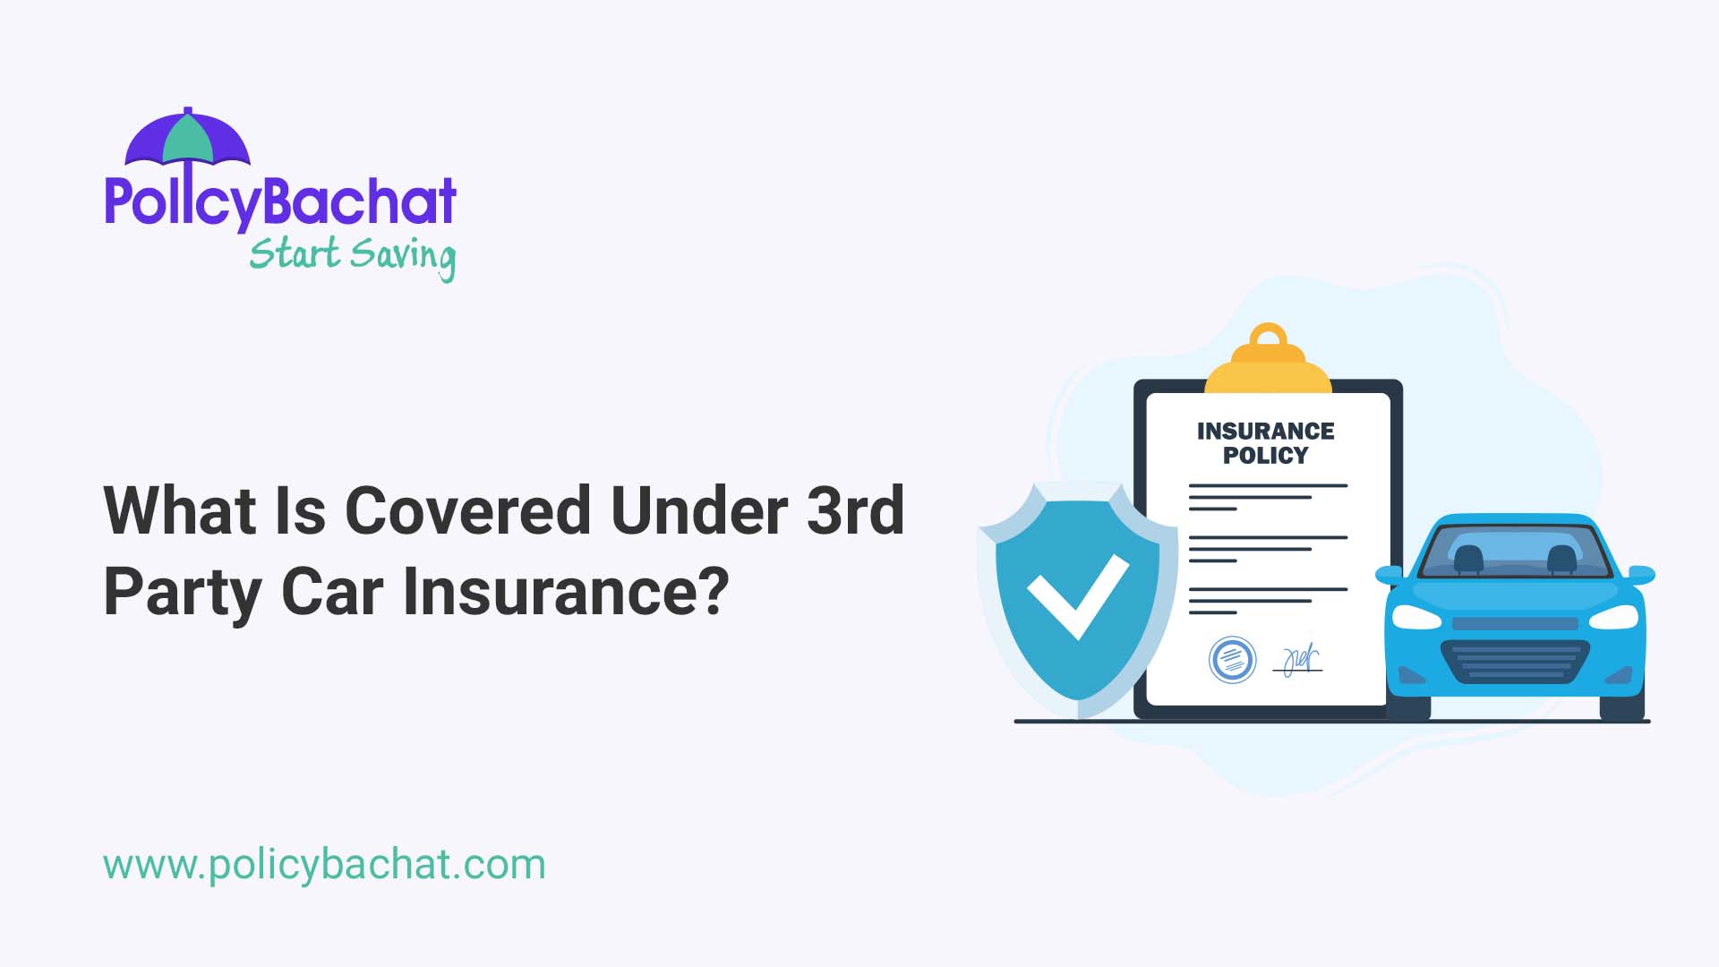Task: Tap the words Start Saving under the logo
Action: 352,255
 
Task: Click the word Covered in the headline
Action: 468,511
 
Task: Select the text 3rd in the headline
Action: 855,511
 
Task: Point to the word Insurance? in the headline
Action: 566,592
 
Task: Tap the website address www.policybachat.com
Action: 324,865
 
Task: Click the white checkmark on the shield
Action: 1077,593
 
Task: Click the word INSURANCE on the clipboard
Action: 1265,432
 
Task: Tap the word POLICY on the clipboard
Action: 1265,456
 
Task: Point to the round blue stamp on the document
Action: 1232,660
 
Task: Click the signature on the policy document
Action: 1298,661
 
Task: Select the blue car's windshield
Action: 1514,551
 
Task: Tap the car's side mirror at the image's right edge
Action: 1641,574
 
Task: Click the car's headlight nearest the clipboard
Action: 1415,617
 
